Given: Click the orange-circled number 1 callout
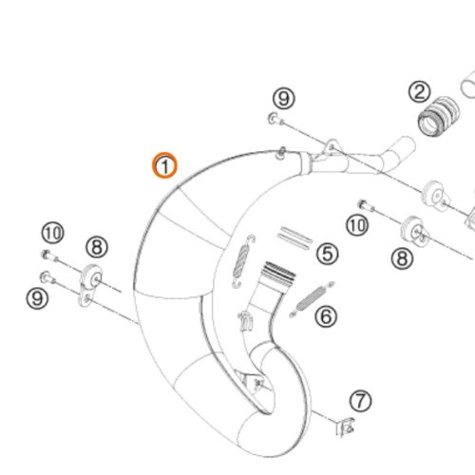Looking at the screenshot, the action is (x=164, y=165).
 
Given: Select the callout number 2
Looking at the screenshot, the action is (x=420, y=92).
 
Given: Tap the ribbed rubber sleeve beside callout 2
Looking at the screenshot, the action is (x=439, y=116).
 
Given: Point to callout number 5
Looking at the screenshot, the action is (x=328, y=254).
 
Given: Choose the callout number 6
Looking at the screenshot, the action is (x=326, y=316).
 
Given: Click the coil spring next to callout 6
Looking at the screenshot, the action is (x=312, y=298).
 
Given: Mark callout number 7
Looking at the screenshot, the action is (x=361, y=401).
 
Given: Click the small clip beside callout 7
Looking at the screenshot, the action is (x=345, y=427).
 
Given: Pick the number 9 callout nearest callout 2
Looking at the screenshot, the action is (x=284, y=99).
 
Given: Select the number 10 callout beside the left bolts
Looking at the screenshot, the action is (x=52, y=233).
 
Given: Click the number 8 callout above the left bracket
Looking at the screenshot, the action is (x=97, y=247).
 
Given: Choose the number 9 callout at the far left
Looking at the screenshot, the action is (x=37, y=298).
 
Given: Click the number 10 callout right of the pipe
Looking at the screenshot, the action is (x=357, y=225).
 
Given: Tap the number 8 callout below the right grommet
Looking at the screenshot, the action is (x=402, y=258).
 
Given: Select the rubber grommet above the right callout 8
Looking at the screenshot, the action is (x=415, y=231).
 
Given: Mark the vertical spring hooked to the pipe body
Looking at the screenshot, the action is (x=243, y=261).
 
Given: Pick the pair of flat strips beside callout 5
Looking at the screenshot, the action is (x=294, y=237).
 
